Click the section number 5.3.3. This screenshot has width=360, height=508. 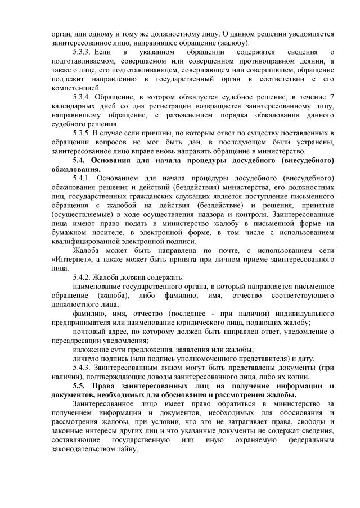coord(84,52)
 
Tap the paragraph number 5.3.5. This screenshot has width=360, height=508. coord(84,133)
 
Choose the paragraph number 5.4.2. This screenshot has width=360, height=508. coord(84,276)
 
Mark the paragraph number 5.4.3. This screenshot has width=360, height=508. coord(84,366)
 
